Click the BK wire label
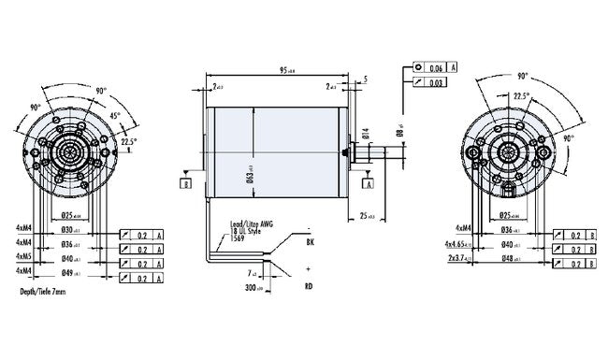click(x=310, y=242)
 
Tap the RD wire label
click(x=309, y=287)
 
